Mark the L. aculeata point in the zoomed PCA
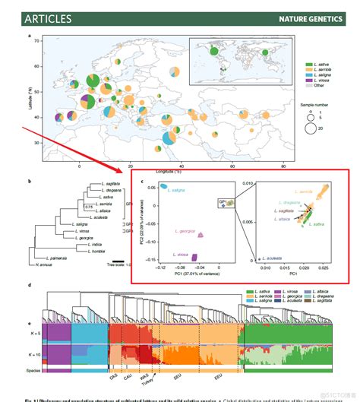[274, 258]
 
